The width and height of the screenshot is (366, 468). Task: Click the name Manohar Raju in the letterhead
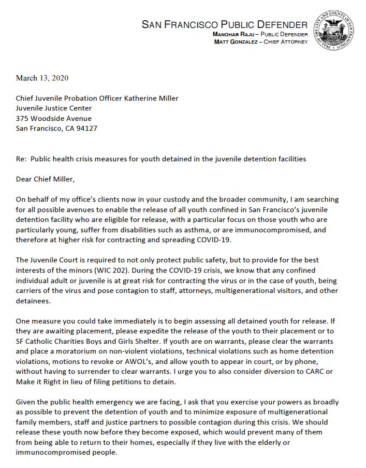tap(230, 34)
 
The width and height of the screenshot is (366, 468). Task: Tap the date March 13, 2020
tap(42, 78)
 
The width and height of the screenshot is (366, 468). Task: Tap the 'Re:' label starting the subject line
tap(22, 159)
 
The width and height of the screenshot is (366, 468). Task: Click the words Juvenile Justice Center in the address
tap(54, 108)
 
